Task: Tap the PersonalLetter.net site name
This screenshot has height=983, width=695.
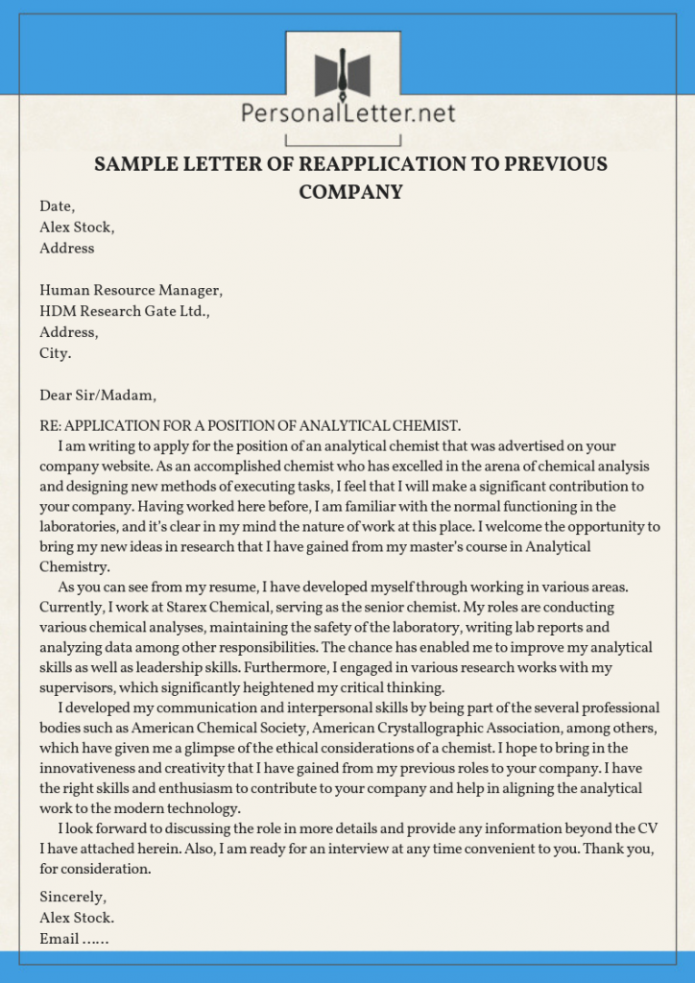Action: point(347,115)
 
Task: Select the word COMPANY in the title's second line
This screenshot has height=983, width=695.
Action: point(350,192)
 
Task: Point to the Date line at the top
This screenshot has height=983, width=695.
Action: point(57,206)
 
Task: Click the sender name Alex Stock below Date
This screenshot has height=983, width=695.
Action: point(77,228)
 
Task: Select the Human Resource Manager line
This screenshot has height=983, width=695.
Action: point(131,291)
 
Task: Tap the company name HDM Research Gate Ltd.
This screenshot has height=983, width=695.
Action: point(125,312)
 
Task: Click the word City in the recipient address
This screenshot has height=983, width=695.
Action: point(55,353)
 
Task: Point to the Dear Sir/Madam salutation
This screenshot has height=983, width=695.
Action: point(97,396)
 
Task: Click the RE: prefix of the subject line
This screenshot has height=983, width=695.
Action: point(50,425)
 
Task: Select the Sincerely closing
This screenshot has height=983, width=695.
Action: point(72,897)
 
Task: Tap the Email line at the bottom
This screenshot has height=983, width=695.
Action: point(74,939)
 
